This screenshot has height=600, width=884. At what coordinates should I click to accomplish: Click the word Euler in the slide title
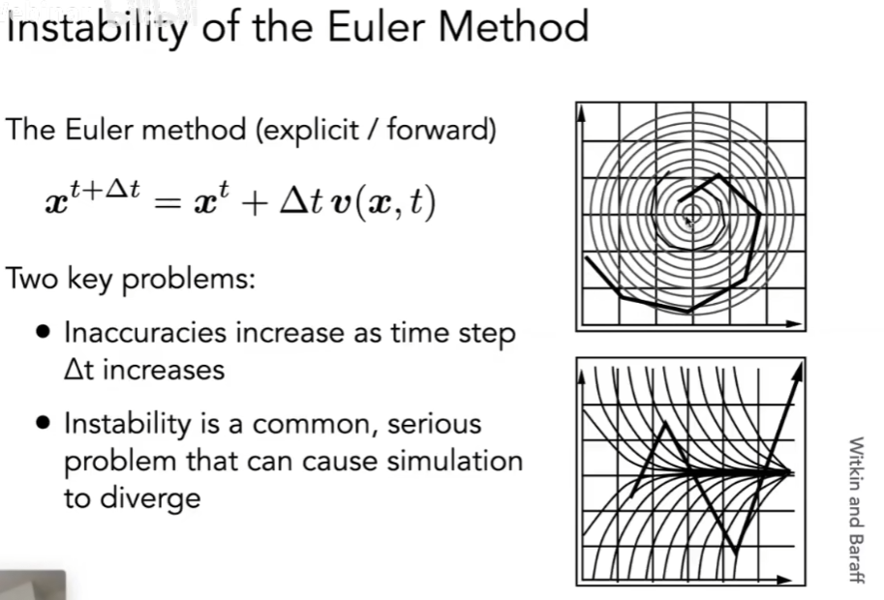coord(376,26)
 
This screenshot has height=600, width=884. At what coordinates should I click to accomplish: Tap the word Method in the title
coord(513,26)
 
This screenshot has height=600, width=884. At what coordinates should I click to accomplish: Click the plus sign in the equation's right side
coord(255,204)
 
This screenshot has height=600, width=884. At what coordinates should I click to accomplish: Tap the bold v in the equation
coord(340,204)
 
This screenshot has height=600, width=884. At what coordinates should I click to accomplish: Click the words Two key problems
coord(131,279)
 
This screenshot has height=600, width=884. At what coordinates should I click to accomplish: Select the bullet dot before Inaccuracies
coord(43,331)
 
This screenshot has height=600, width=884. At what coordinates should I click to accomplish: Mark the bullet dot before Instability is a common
coord(43,423)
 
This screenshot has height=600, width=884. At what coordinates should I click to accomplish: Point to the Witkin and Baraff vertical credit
coord(856,510)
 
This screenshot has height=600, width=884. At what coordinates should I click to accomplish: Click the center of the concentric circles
coord(691,214)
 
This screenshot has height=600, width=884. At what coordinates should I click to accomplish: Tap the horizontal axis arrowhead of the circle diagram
coord(793,324)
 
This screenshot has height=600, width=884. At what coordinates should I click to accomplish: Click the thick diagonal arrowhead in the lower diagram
coord(797,374)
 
